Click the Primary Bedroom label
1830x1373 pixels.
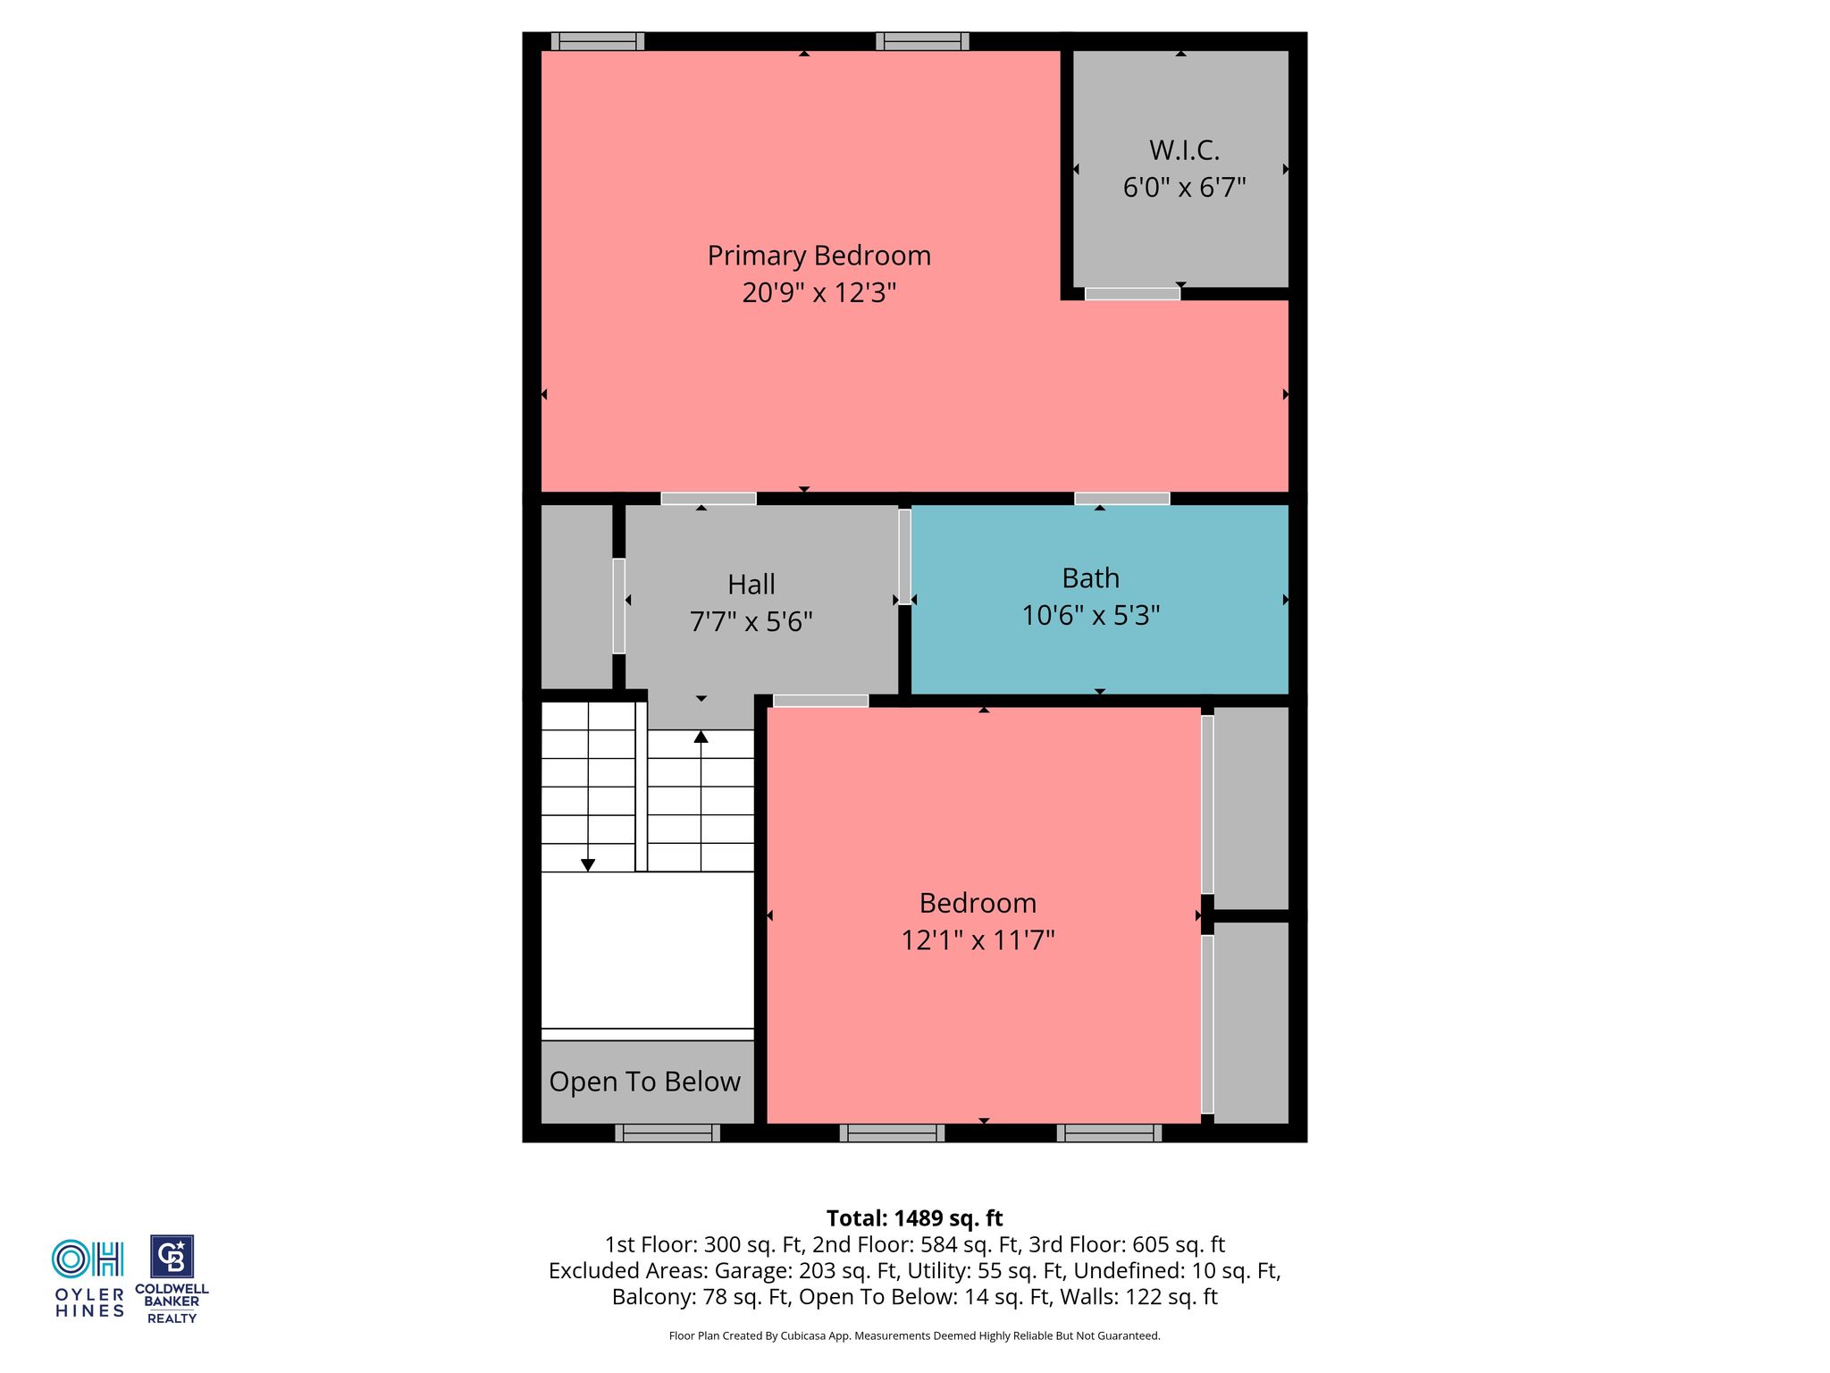tap(818, 257)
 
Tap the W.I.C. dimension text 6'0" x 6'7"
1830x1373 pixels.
tap(1184, 188)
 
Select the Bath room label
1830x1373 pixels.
tap(1090, 578)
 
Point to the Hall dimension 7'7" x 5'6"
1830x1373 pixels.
tap(751, 621)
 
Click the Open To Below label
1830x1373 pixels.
tap(645, 1082)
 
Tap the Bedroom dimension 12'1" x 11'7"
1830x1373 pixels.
tap(978, 940)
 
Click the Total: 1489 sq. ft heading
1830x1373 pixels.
tap(914, 1218)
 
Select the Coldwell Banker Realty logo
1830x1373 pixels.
tap(172, 1279)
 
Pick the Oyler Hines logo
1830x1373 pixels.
tap(89, 1278)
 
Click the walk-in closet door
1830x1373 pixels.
tap(1132, 294)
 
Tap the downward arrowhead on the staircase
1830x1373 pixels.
tap(588, 864)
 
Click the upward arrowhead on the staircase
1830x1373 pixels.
tap(701, 737)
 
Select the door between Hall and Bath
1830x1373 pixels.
tap(904, 557)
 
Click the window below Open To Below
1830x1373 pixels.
tap(667, 1133)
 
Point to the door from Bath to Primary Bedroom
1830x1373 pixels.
tap(1122, 499)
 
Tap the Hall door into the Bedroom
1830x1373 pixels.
tap(820, 701)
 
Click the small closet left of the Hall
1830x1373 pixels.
tap(576, 597)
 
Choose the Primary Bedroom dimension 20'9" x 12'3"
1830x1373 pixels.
tap(818, 293)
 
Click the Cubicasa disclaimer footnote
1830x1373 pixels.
tap(914, 1336)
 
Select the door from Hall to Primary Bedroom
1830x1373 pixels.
tap(709, 499)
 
